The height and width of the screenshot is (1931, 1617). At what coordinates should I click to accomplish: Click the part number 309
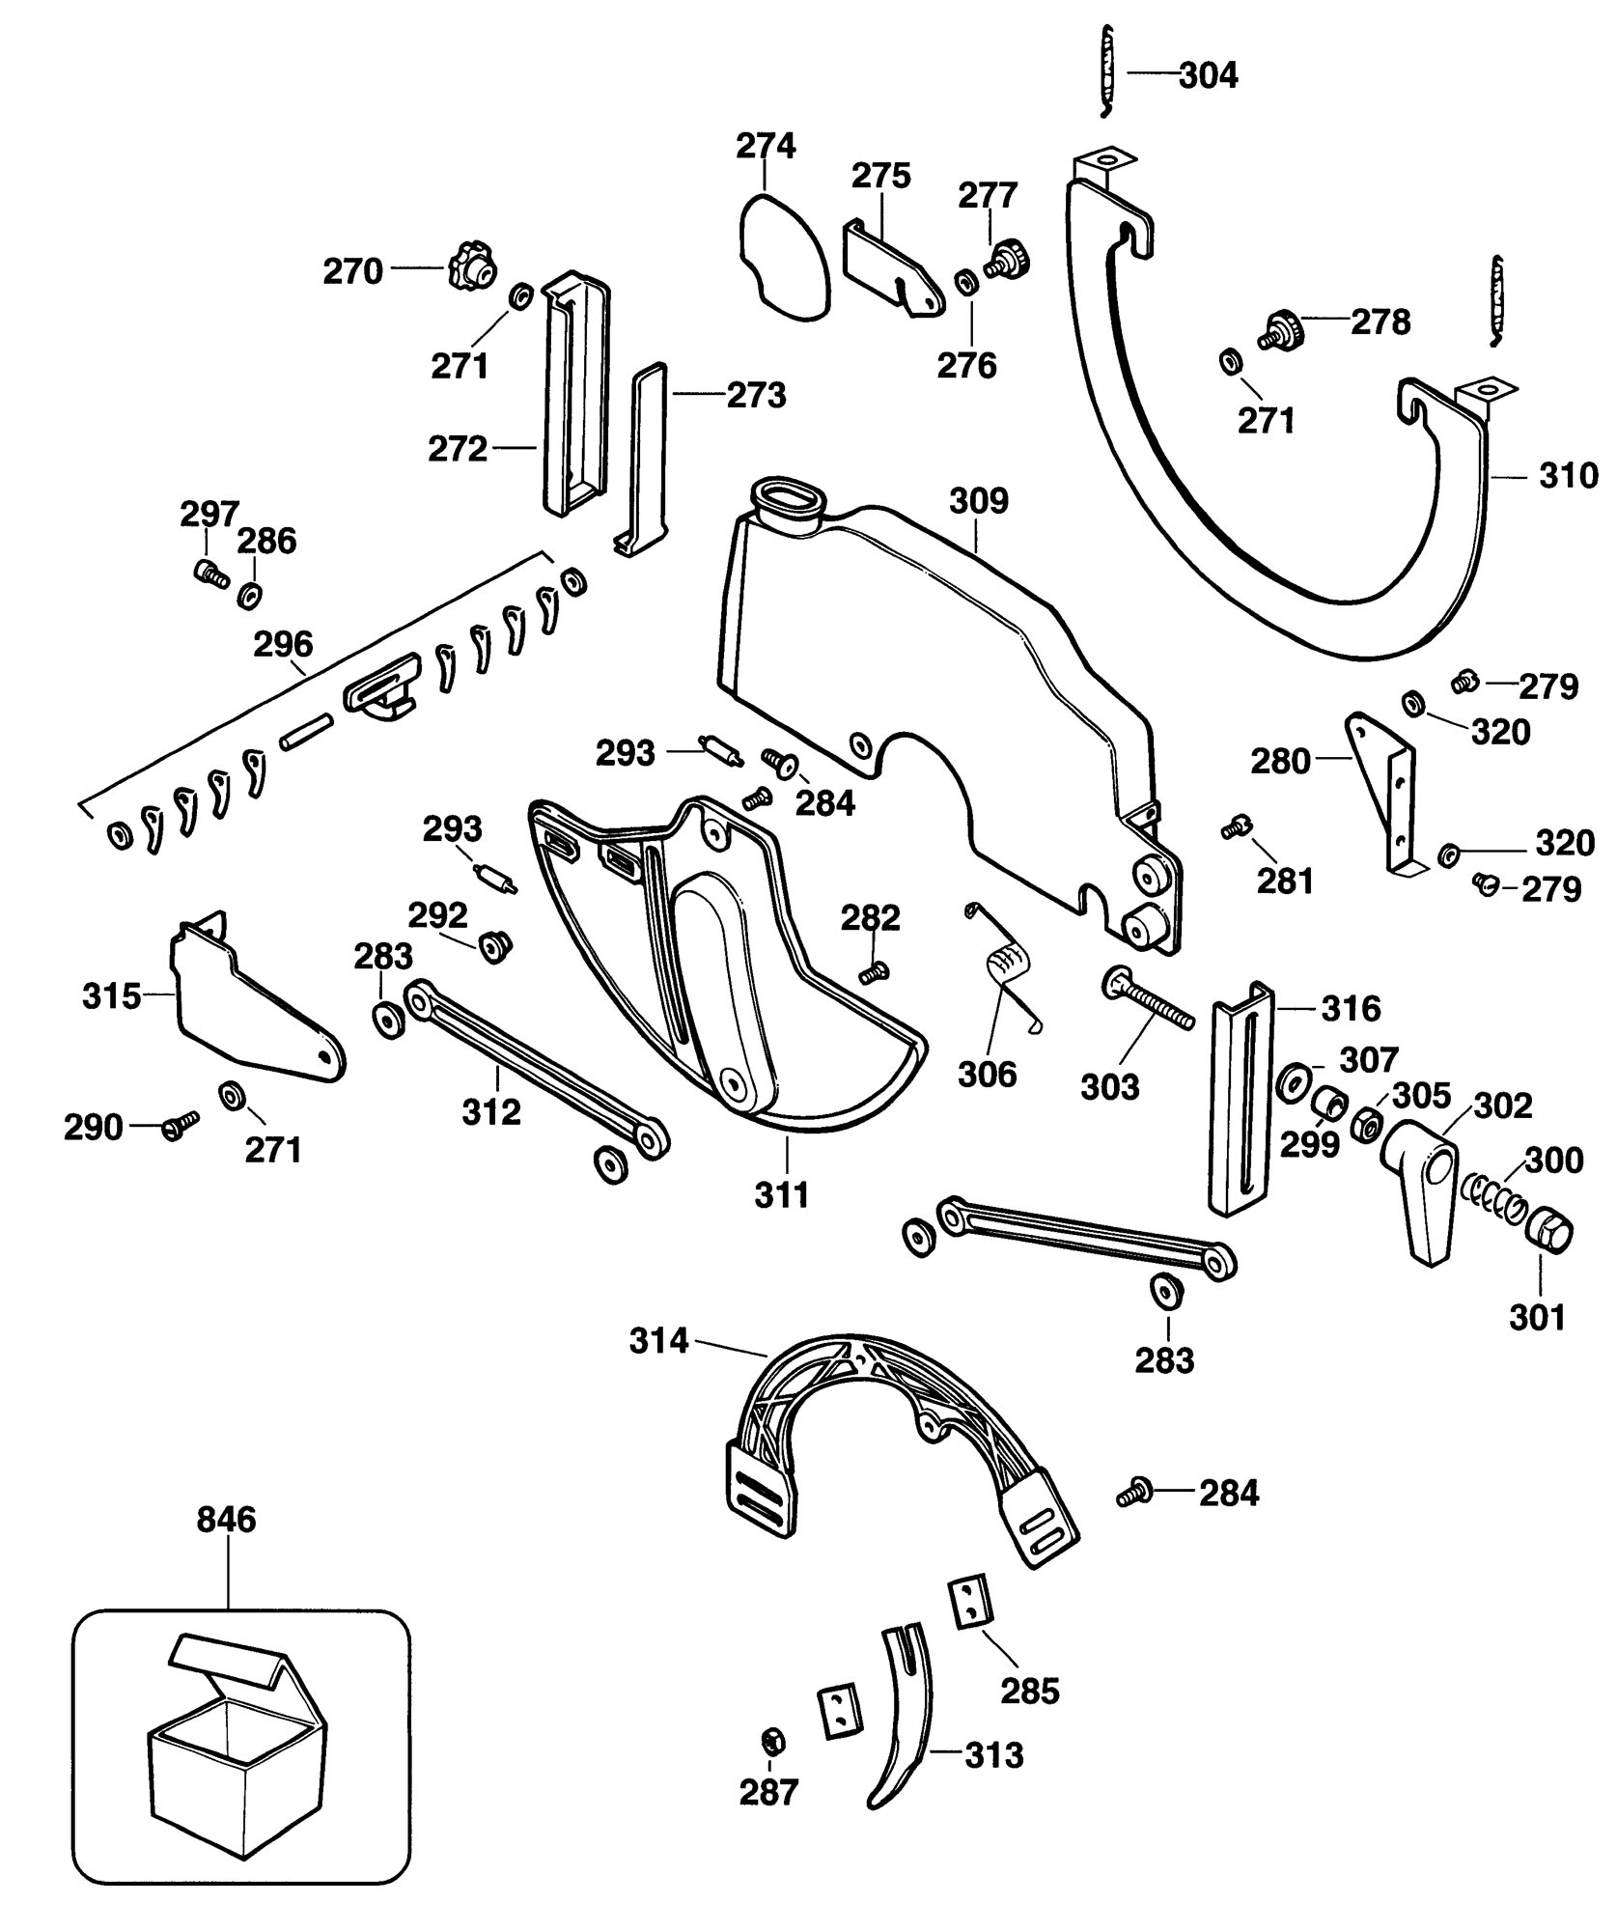[x=979, y=501]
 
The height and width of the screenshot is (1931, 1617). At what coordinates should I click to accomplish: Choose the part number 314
[x=659, y=1341]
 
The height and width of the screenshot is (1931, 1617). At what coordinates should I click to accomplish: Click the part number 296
[x=283, y=644]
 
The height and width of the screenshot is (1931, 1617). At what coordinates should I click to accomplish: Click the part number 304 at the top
[x=1209, y=75]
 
